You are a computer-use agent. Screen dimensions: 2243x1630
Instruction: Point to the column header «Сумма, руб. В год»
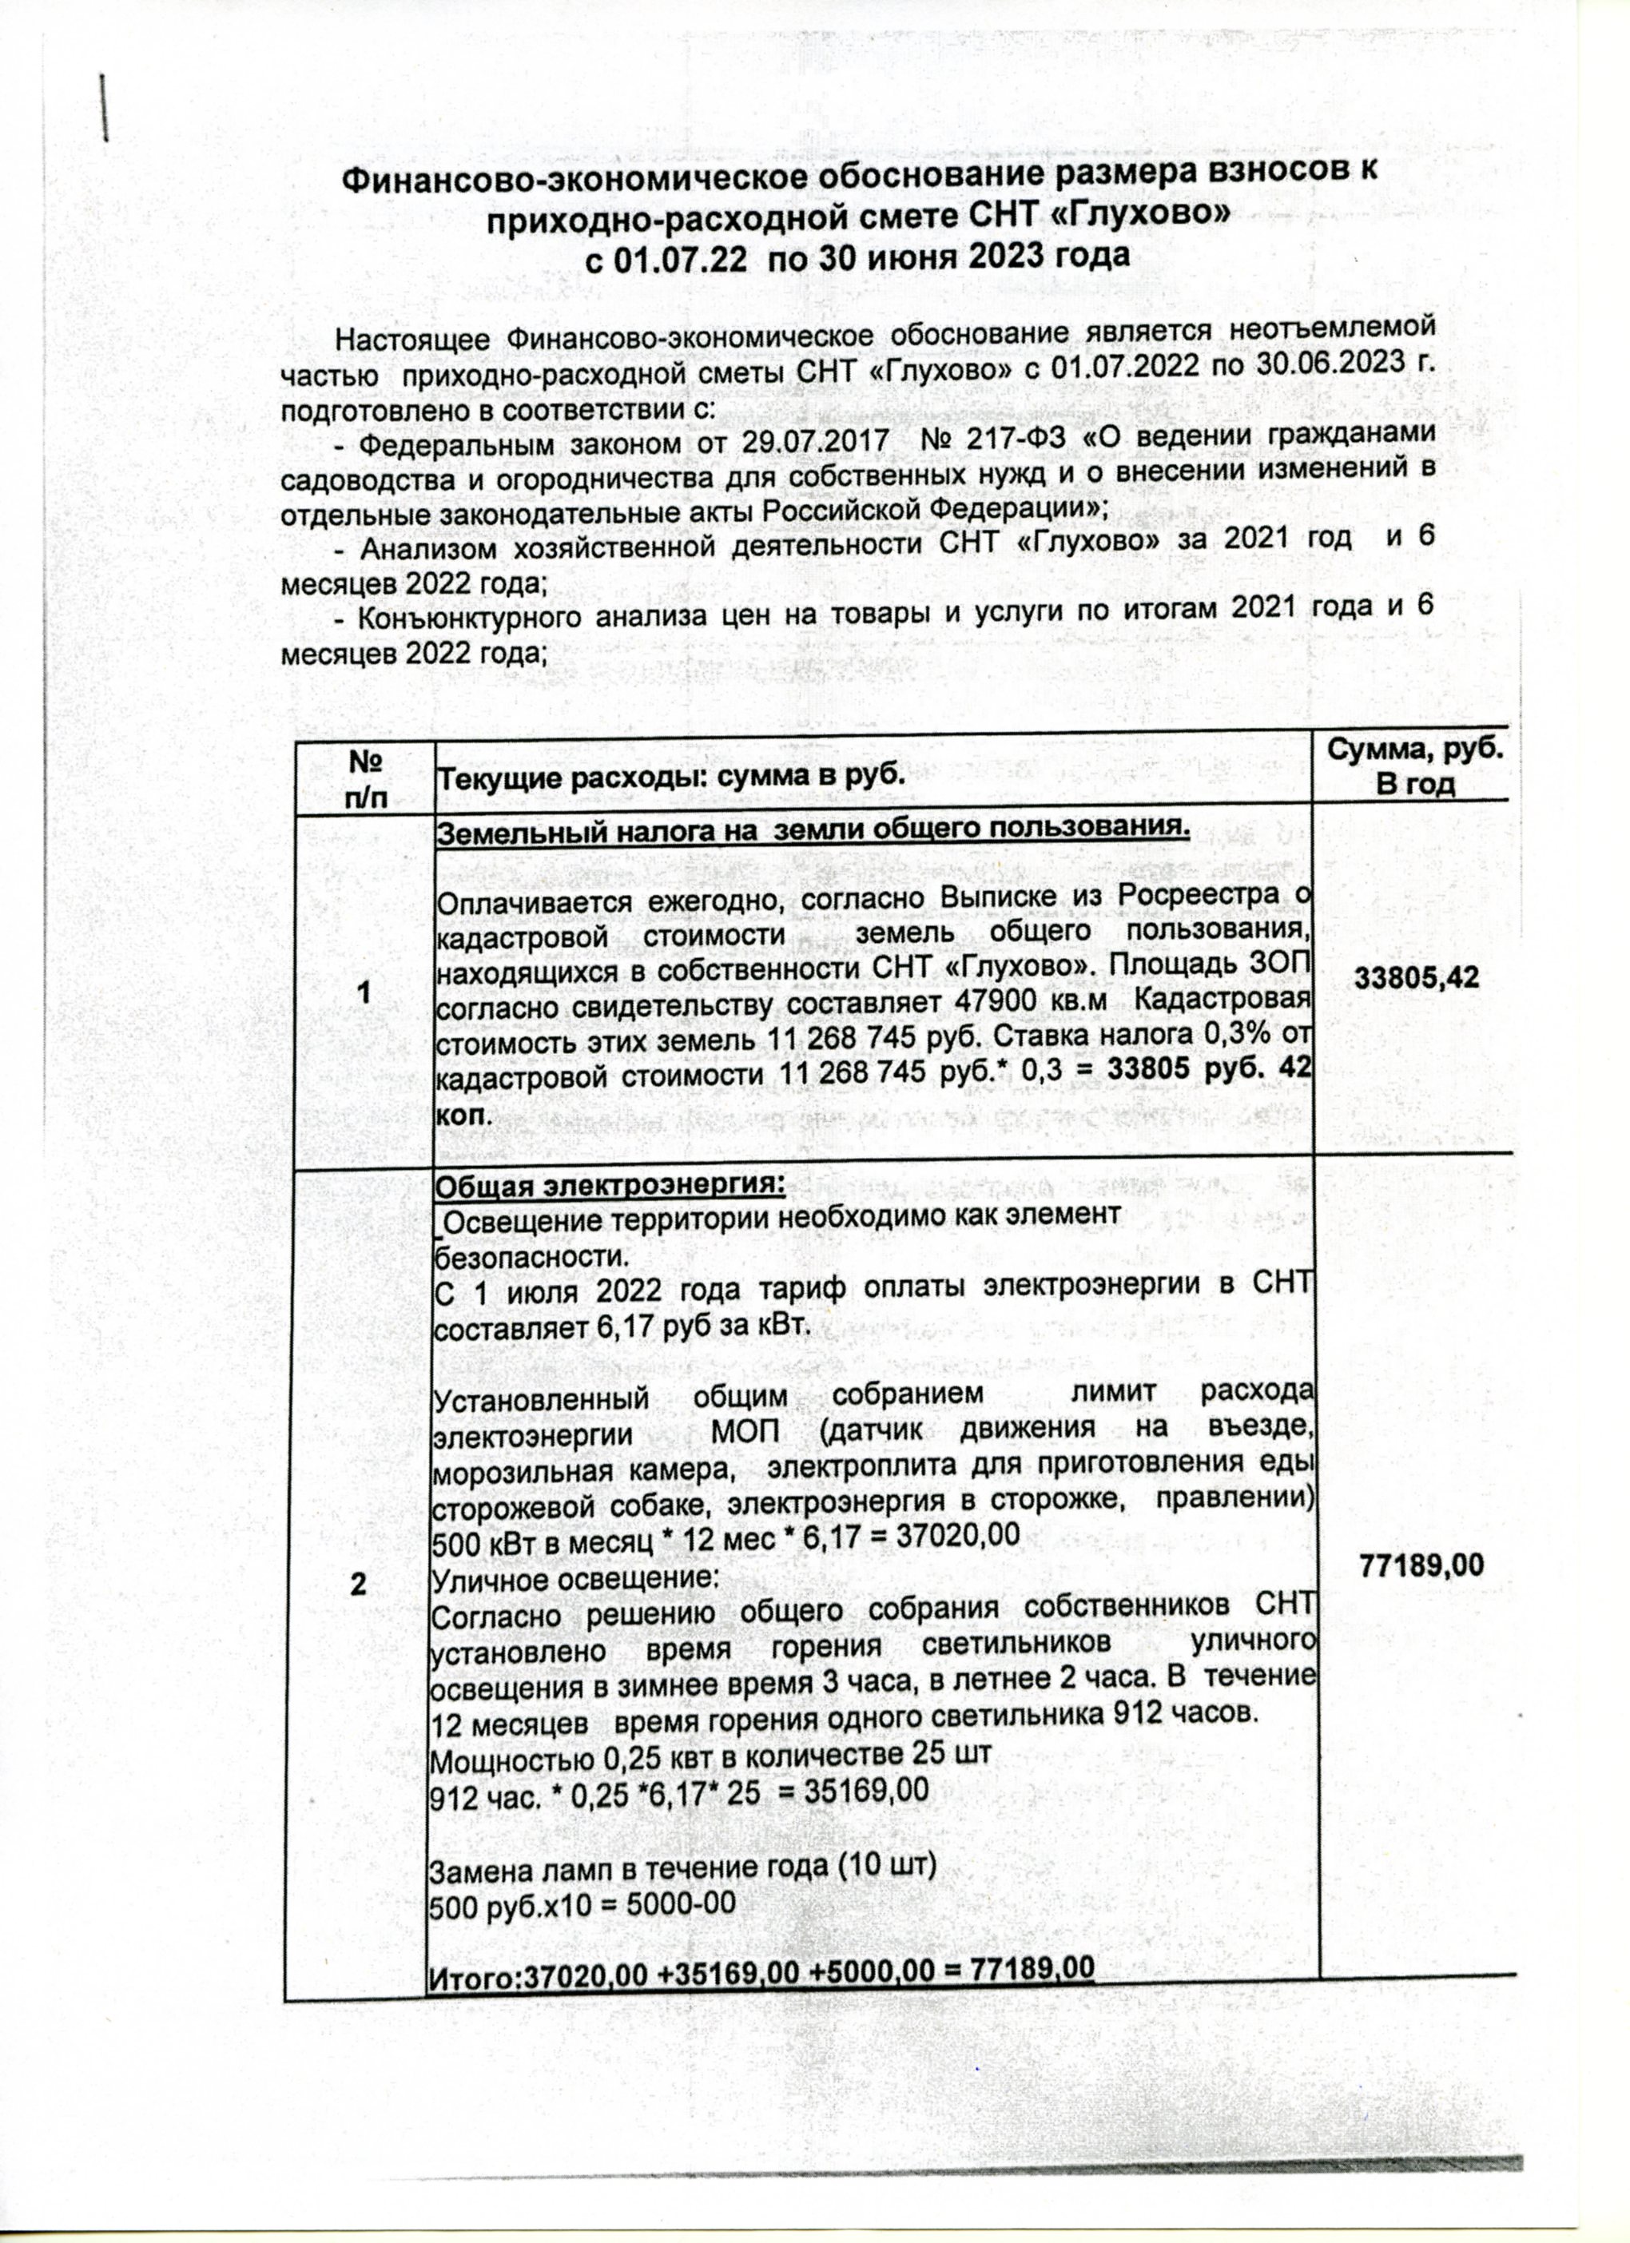click(x=1414, y=767)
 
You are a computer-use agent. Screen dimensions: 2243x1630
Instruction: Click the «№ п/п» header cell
click(x=365, y=778)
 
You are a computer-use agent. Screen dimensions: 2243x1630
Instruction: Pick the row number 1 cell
click(x=365, y=991)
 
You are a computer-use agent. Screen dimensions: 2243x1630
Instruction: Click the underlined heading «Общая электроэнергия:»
click(x=610, y=1185)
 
